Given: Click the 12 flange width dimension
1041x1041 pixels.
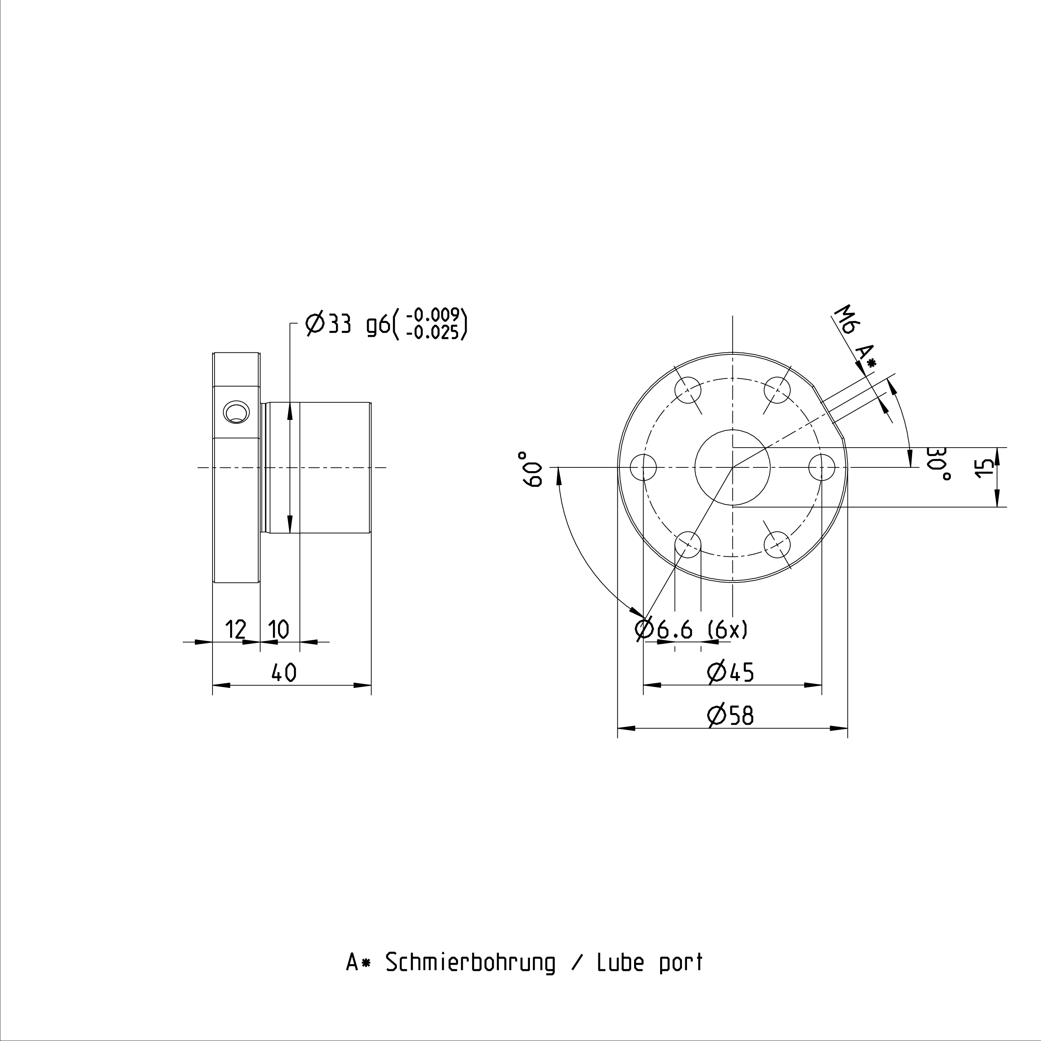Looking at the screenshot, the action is pos(236,629).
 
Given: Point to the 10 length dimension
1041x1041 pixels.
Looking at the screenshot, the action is pos(278,629).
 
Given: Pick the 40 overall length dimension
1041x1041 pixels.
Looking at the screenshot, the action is pos(284,672).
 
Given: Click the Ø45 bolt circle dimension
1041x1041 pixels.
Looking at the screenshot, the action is pos(731,672).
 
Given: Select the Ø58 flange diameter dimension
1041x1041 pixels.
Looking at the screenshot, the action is pos(731,716).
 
